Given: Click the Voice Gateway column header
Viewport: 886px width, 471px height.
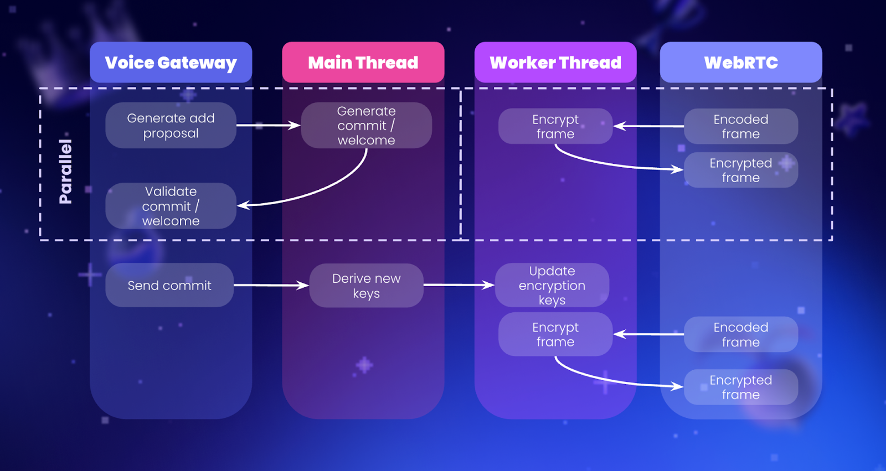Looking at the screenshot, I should click(171, 63).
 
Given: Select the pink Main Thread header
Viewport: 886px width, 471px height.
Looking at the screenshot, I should click(363, 63).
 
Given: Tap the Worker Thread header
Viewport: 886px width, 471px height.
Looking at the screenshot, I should click(555, 63).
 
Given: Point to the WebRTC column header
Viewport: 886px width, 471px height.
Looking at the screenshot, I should click(741, 63).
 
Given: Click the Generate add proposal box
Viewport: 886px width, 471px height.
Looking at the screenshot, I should click(171, 126).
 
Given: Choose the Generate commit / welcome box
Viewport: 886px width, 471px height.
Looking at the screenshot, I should click(366, 126).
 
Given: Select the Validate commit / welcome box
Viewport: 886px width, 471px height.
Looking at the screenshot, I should click(171, 206).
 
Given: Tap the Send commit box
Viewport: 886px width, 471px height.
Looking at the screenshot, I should click(169, 286).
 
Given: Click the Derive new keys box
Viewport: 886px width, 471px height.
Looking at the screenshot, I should click(366, 286).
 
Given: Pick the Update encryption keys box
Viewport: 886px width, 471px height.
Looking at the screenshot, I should click(552, 286).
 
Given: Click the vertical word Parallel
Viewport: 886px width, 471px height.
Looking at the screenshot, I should click(65, 172).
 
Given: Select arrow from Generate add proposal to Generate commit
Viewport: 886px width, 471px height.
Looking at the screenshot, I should click(269, 126).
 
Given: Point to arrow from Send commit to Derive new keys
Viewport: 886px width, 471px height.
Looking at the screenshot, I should click(271, 286).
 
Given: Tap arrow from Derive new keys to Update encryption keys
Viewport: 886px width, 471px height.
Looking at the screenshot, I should click(459, 285).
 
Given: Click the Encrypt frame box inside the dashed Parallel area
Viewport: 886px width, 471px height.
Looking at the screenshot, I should click(555, 126).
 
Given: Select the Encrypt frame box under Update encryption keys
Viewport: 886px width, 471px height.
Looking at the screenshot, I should click(555, 334).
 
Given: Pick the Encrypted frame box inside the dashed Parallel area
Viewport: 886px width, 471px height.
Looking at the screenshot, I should click(741, 170).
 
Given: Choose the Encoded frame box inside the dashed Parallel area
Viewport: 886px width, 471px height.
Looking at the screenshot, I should click(741, 126).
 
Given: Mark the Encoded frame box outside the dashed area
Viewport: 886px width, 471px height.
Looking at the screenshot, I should click(741, 334).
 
